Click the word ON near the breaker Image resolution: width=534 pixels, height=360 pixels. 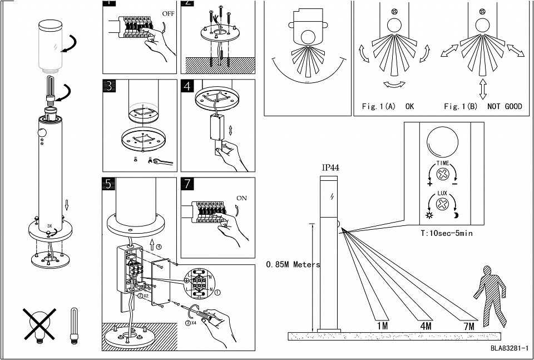coord(243,198)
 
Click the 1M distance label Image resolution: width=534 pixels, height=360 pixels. coord(382,326)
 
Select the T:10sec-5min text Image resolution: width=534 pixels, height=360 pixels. coord(446,234)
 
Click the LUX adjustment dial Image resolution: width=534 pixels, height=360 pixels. coord(443,204)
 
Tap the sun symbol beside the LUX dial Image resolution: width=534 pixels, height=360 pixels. coord(430,215)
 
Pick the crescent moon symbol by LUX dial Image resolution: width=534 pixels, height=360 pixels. coord(456,215)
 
